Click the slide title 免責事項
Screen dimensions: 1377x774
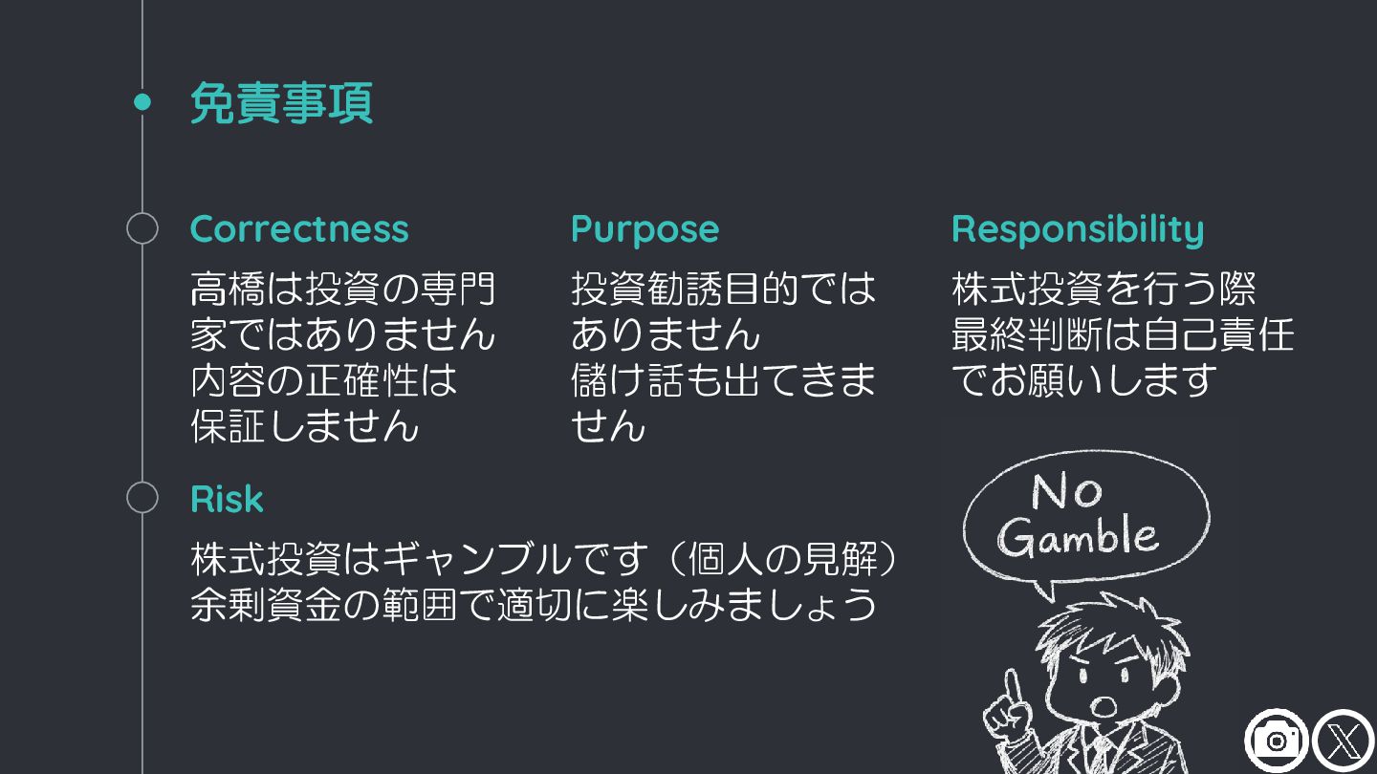point(281,103)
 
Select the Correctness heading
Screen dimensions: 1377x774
point(299,229)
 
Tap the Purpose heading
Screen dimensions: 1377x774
point(645,229)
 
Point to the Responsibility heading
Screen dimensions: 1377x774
point(1078,229)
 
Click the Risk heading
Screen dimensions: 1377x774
point(227,500)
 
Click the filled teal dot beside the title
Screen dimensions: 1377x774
point(142,102)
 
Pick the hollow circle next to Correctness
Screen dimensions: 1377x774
point(142,229)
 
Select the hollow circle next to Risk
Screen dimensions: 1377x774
point(142,499)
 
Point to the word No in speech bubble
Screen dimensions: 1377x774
point(1066,492)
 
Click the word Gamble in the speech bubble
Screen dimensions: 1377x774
point(1079,536)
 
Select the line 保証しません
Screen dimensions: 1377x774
point(305,426)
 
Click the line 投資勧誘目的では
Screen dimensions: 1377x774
point(723,289)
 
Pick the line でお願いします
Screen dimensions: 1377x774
point(1083,380)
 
